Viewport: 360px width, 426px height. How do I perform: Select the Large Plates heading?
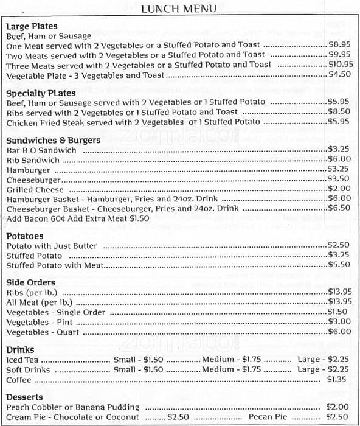tap(32, 26)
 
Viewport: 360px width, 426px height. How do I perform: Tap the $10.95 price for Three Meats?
tap(341, 65)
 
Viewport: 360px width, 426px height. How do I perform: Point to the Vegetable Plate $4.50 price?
tap(339, 74)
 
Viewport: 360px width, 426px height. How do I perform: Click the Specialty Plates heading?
tap(41, 93)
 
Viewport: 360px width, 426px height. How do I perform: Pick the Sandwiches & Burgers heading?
tap(54, 140)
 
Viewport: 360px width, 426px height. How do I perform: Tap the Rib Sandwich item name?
tap(33, 160)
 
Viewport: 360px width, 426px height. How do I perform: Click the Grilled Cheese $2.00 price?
tap(339, 189)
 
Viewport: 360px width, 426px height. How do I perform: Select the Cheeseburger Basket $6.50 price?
tap(339, 208)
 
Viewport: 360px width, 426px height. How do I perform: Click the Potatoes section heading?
tap(25, 236)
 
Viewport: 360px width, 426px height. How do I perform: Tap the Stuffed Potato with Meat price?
tap(339, 265)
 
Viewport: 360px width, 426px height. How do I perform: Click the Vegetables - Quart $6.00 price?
tap(339, 332)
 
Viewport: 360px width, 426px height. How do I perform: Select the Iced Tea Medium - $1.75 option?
tap(231, 360)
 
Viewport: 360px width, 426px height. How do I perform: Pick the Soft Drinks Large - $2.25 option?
tap(323, 369)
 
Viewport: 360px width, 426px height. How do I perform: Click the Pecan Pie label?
tap(268, 417)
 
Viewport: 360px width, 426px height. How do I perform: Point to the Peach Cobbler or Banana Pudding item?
tap(73, 407)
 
